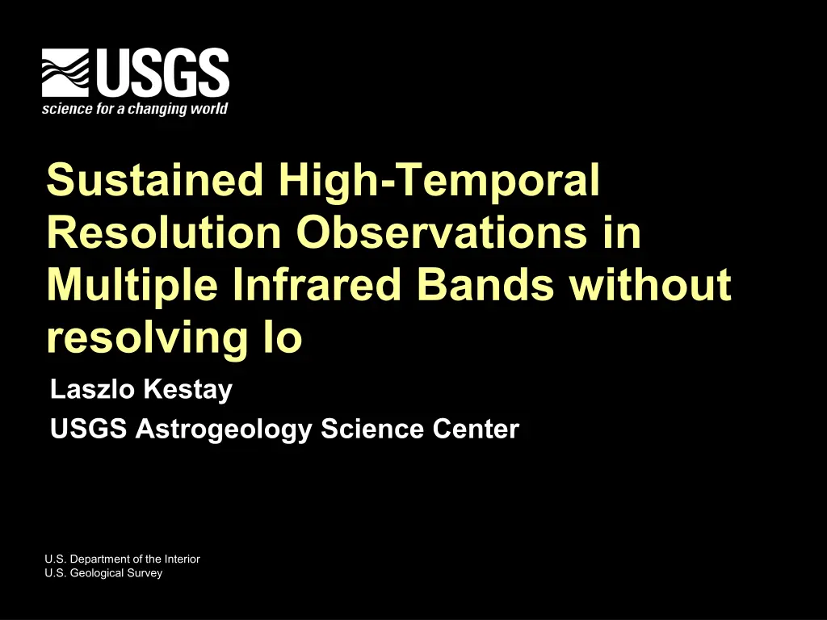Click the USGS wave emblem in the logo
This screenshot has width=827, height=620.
(x=65, y=73)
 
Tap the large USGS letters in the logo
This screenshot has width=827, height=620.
(x=162, y=73)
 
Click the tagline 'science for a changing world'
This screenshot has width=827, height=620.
(x=135, y=109)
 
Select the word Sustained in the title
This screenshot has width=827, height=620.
(x=155, y=179)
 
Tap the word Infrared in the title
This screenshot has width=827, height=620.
(x=317, y=284)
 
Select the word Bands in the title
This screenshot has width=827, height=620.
(x=485, y=284)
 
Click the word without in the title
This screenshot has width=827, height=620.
(x=650, y=284)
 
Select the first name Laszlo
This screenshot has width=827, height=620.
(x=92, y=389)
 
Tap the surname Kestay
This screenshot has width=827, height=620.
(x=187, y=391)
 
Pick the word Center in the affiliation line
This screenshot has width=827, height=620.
(x=476, y=429)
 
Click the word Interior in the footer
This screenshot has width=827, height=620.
(x=182, y=559)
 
